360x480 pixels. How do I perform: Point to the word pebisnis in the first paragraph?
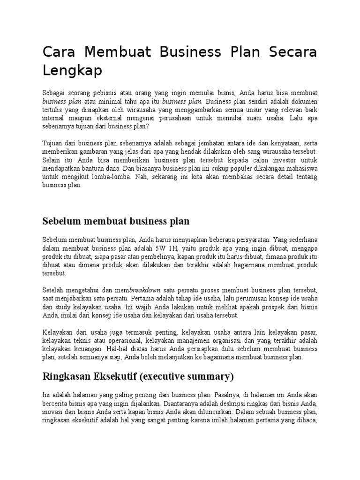click(104, 93)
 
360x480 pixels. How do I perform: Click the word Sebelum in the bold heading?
click(61, 221)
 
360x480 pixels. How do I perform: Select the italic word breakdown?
click(145, 290)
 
